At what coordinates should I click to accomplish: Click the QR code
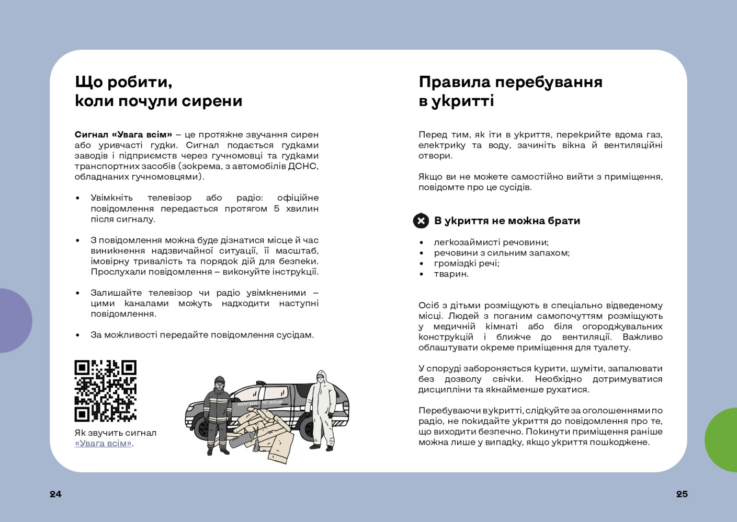[x=105, y=390]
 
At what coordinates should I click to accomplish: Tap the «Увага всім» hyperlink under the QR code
[x=103, y=443]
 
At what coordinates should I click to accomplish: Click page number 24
[x=55, y=494]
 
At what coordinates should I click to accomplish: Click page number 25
[x=682, y=494]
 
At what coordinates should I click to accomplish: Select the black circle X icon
[x=421, y=221]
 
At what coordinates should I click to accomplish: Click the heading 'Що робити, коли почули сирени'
[x=158, y=91]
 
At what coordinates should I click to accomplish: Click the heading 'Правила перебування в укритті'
[x=510, y=91]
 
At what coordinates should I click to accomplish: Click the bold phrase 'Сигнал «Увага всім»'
[x=123, y=134]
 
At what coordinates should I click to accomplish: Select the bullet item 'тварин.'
[x=451, y=274]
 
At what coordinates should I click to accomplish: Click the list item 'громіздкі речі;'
[x=466, y=263]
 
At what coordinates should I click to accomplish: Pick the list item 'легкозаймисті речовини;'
[x=491, y=242]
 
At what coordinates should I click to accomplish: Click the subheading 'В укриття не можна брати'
[x=507, y=221]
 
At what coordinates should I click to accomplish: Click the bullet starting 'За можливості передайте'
[x=202, y=334]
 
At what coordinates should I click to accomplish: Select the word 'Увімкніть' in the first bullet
[x=111, y=198]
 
